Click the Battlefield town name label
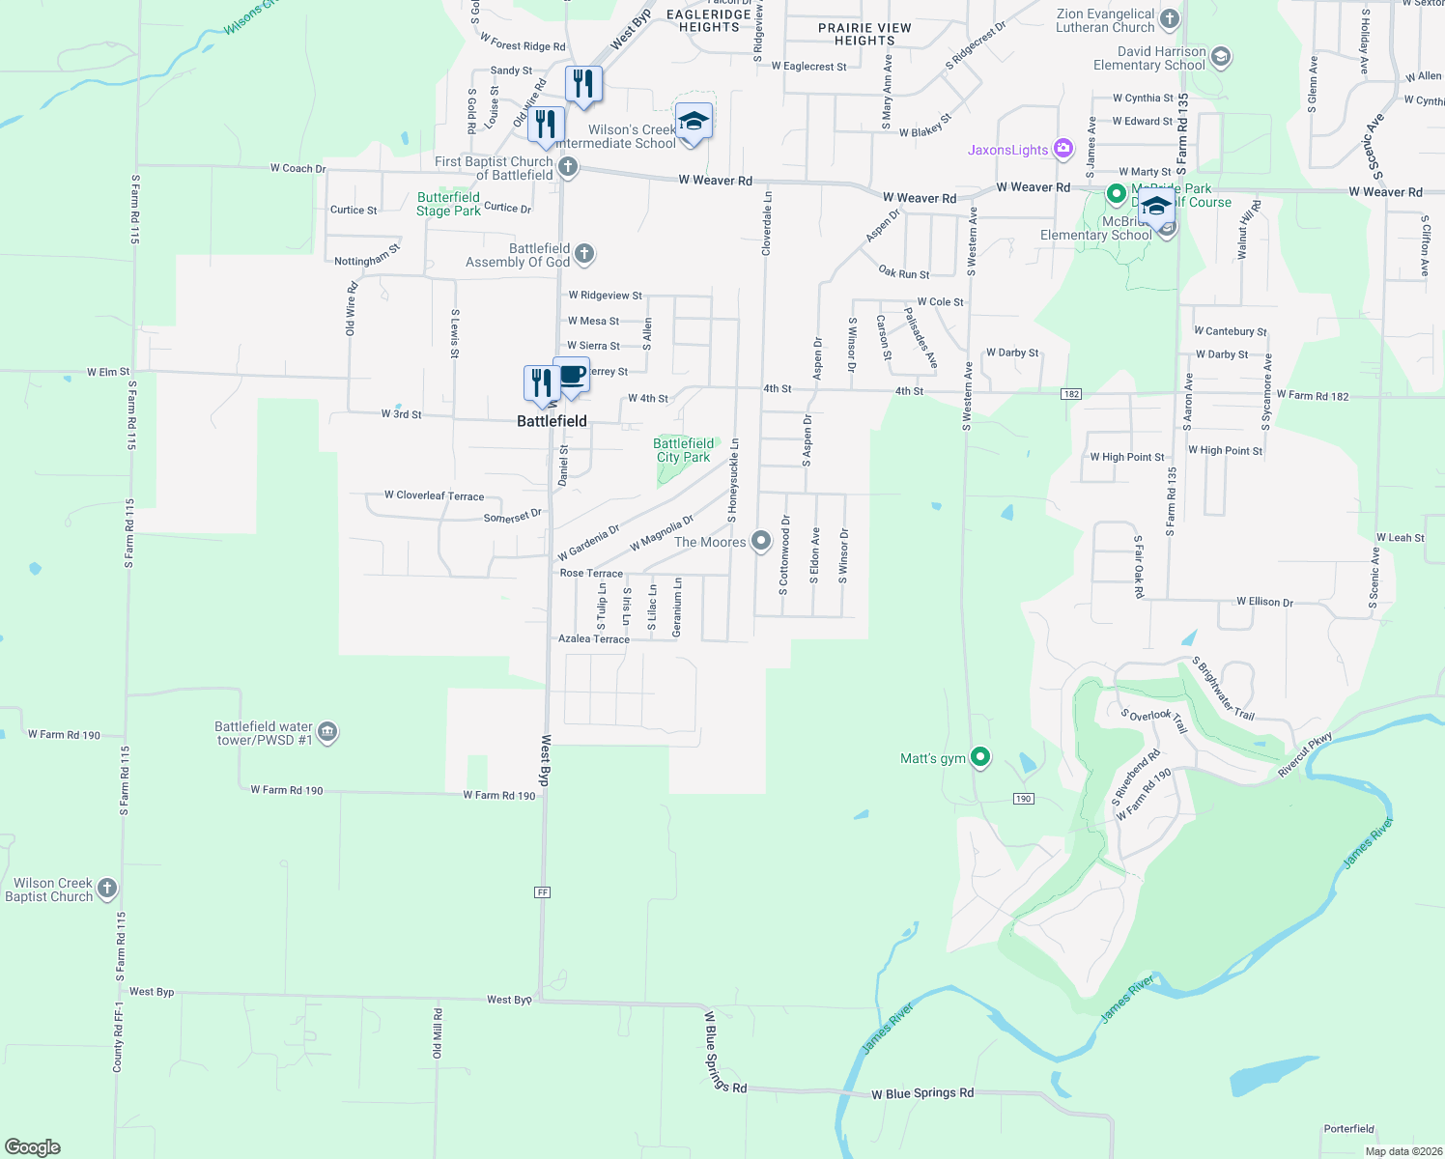pos(552,421)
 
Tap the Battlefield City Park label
pos(683,450)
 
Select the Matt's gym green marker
pos(980,757)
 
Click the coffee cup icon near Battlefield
pos(572,375)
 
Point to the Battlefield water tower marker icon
pos(327,732)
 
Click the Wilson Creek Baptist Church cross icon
pos(107,889)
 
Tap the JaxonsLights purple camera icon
pos(1063,149)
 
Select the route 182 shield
pos(1070,394)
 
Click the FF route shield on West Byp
pos(542,892)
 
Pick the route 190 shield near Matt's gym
pos(1024,799)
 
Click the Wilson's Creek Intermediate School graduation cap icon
pos(693,122)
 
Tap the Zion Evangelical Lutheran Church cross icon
pos(1170,19)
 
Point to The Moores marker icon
pos(761,541)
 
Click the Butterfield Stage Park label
pos(448,204)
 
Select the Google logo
pos(32,1147)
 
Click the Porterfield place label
pos(1348,1129)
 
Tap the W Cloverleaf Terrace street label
pos(434,495)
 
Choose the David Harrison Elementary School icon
pos(1220,57)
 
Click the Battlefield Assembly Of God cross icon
pos(583,254)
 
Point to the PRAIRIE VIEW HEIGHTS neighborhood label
pos(864,34)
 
